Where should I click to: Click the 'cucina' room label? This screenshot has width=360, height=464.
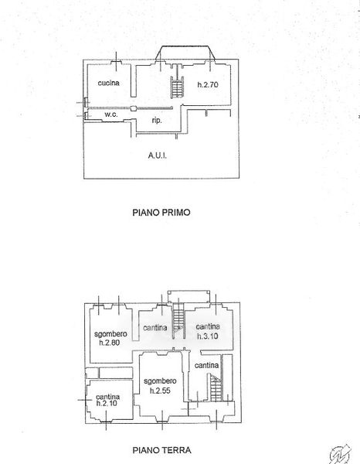[108, 83]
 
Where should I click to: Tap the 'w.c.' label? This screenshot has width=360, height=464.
[110, 114]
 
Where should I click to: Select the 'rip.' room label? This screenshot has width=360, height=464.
[157, 121]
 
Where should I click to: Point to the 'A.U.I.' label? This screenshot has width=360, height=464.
[158, 155]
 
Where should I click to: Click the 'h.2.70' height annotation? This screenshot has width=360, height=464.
[208, 84]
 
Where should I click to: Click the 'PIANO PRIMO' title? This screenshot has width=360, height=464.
[161, 213]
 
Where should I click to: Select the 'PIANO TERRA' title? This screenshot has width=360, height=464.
[161, 450]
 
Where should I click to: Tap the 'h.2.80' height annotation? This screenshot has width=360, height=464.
[110, 343]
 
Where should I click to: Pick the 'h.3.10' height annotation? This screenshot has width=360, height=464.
[208, 336]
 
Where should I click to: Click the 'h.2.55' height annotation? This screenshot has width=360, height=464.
[160, 391]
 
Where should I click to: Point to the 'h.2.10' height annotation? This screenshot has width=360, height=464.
[107, 403]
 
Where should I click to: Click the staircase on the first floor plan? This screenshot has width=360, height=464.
[178, 87]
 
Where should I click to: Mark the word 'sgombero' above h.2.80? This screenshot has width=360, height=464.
[110, 334]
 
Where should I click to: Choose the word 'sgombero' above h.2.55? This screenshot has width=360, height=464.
[160, 381]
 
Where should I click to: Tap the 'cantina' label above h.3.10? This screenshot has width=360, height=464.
[208, 326]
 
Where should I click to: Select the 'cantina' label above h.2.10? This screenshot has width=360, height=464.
[108, 396]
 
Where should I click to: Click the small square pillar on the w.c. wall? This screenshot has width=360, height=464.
[134, 108]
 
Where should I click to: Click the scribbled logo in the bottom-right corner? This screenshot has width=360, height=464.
[341, 454]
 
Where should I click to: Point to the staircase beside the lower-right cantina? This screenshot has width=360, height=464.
[216, 387]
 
